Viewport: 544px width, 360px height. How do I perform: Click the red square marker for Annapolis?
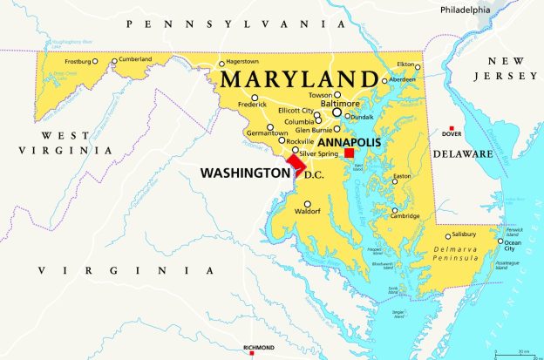pos(349,153)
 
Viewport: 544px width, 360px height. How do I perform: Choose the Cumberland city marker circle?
pos(114,60)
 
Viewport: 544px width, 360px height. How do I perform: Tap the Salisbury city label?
pos(466,235)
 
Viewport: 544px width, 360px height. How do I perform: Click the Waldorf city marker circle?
pos(307,204)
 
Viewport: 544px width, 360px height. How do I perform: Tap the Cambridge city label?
pos(405,216)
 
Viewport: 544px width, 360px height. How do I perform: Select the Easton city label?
pos(402,177)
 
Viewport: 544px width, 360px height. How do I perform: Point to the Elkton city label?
pos(406,64)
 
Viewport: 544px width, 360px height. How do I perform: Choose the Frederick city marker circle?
pos(255,98)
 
